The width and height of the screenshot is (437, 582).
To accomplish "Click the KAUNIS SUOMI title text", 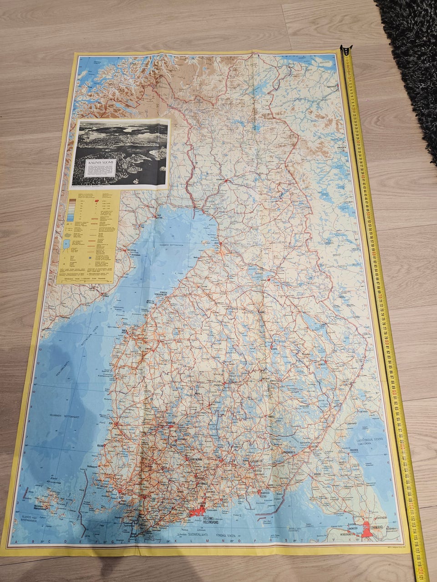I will (x=99, y=161).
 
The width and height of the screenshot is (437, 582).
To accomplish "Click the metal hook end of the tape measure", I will (x=346, y=49).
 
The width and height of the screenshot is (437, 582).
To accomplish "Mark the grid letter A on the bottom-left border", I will (x=15, y=542).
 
